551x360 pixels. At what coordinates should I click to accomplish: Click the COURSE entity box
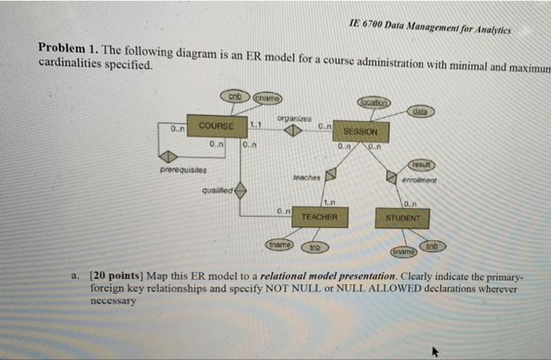[216, 126]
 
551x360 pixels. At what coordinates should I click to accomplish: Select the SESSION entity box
[361, 132]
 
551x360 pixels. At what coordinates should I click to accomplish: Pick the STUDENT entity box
[407, 215]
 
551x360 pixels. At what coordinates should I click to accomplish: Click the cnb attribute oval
[234, 96]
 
